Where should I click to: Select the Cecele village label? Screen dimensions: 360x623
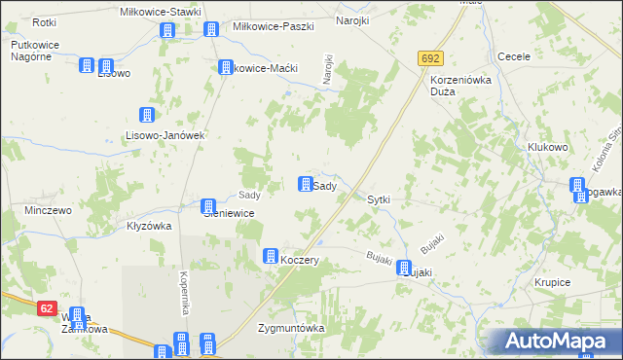point(513,56)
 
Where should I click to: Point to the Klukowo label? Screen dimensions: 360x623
point(548,148)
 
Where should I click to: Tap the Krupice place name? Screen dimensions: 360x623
point(552,282)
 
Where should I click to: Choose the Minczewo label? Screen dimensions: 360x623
point(49,210)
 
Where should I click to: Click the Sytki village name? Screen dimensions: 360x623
point(379,199)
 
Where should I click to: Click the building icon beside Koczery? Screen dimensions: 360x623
point(270,256)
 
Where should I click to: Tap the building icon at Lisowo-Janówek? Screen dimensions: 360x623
point(147,115)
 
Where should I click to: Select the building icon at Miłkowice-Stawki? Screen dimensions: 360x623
point(166,30)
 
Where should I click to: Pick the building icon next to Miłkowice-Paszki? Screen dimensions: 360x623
point(211,30)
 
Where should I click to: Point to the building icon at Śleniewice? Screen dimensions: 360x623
point(208,206)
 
